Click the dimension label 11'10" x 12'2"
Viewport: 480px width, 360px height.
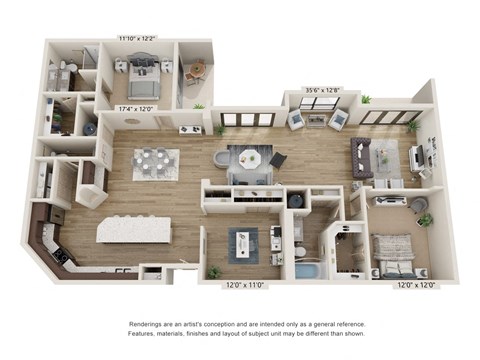[136, 38]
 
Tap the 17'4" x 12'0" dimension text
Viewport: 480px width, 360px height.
[138, 108]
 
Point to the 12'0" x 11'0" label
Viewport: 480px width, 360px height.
[244, 285]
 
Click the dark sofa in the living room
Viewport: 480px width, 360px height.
[361, 157]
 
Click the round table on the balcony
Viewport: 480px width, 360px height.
[195, 71]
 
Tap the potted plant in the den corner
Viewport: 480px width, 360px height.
[213, 271]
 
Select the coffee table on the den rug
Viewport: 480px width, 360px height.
[241, 243]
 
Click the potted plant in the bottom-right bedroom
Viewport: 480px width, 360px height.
[425, 219]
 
